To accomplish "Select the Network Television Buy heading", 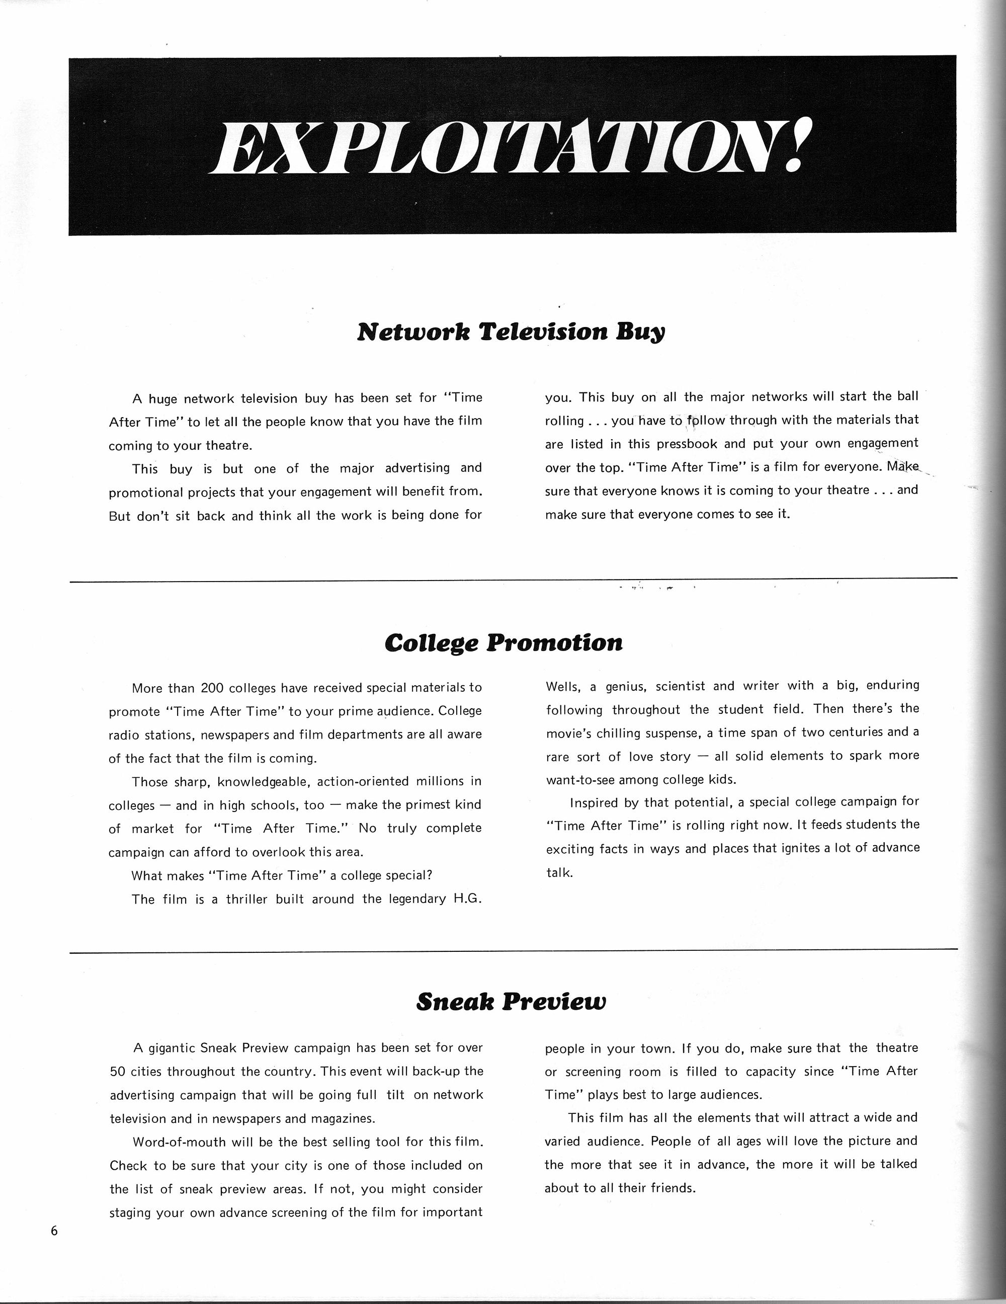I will pos(511,332).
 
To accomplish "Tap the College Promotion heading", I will pos(504,643).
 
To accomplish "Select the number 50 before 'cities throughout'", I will pos(118,1071).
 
